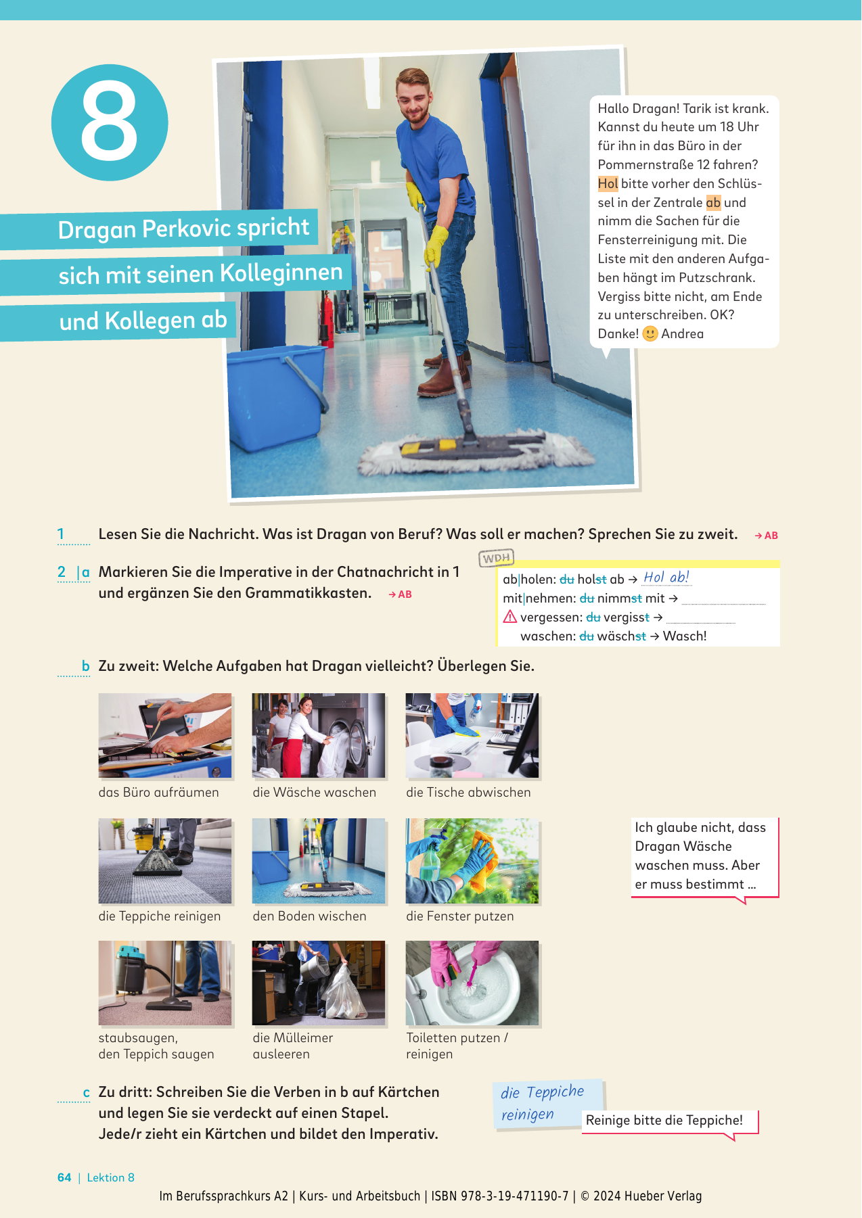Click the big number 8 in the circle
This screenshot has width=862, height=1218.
coord(109,122)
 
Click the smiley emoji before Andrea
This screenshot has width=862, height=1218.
coord(650,334)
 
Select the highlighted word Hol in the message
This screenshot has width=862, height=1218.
coord(608,183)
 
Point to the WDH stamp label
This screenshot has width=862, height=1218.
coord(497,558)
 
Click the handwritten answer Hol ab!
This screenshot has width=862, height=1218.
coord(666,577)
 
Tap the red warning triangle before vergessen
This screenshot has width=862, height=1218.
coord(509,617)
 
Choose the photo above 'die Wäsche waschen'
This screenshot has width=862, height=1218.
coord(319,735)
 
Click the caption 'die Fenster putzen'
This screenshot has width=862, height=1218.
coord(460,916)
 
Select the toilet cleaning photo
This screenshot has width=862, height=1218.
coord(472,983)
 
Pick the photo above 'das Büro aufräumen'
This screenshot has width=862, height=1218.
coord(165,735)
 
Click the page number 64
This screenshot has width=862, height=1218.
coord(64,1177)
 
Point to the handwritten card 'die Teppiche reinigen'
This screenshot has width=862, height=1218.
coord(548,1104)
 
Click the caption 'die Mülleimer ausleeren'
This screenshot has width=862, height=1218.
coord(293,1046)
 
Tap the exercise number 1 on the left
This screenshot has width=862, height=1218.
coord(61,534)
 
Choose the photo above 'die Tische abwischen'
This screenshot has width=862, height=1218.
coord(472,735)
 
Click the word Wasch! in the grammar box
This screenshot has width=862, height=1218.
coord(685,636)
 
